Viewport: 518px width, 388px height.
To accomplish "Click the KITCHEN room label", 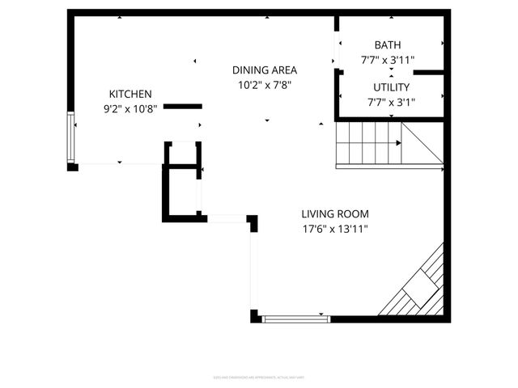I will (130, 94).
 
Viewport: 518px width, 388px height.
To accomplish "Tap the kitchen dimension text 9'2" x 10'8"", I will (130, 108).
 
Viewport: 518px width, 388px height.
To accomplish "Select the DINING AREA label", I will (264, 70).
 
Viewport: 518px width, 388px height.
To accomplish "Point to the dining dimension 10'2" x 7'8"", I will (264, 84).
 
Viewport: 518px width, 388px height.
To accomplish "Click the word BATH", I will (387, 45).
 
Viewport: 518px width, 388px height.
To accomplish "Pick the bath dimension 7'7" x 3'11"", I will (388, 60).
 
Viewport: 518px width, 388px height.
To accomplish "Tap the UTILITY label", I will (391, 87).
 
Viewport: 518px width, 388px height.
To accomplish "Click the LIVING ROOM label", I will (334, 214).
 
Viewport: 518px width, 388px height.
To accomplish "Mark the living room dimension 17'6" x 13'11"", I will (334, 229).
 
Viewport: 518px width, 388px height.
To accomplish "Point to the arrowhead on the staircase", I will (398, 143).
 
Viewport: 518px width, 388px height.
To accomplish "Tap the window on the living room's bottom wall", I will (296, 318).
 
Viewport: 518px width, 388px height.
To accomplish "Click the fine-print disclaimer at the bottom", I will (259, 377).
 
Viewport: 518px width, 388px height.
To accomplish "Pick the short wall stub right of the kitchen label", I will (183, 106).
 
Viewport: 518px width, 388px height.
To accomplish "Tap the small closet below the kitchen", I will (181, 192).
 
